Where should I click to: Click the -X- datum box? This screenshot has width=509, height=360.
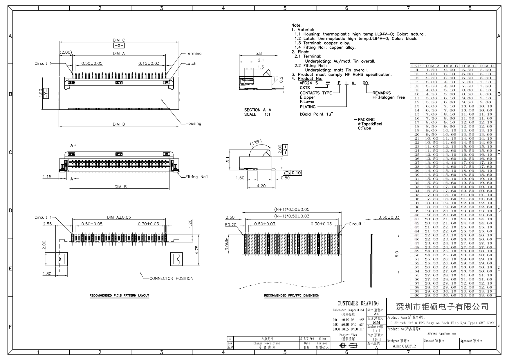click(119, 46)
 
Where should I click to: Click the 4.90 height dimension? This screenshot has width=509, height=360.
click(41, 93)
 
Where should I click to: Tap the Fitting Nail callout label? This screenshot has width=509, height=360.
click(196, 177)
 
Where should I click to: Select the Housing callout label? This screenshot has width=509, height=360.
click(193, 123)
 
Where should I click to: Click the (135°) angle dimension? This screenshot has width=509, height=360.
click(256, 143)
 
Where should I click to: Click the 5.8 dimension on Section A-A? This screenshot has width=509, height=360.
click(258, 53)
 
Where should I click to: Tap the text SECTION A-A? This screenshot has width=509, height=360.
click(257, 110)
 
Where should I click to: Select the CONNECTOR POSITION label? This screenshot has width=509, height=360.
click(171, 278)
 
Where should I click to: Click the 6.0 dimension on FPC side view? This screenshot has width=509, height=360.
click(397, 254)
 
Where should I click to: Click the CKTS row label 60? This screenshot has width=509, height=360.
click(417, 295)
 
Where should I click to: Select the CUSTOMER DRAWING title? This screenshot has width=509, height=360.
click(358, 303)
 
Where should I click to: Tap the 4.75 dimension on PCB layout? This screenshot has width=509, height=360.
click(197, 250)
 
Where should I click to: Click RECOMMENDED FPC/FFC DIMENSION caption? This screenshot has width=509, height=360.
click(291, 296)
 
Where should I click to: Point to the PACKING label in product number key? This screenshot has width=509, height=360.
click(366, 119)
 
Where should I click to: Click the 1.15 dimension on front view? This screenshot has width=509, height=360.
click(47, 177)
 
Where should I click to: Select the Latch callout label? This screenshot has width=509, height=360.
click(191, 63)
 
